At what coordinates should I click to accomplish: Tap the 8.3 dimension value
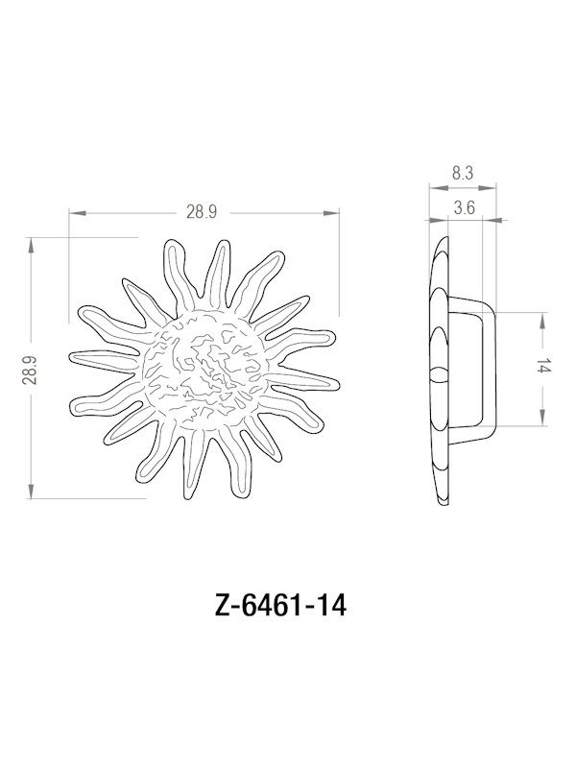(461, 174)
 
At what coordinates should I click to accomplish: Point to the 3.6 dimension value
(465, 206)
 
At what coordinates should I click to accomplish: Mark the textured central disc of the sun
(204, 369)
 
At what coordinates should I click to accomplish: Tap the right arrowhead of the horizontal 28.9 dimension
(336, 213)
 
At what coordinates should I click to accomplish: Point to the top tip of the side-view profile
(443, 234)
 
